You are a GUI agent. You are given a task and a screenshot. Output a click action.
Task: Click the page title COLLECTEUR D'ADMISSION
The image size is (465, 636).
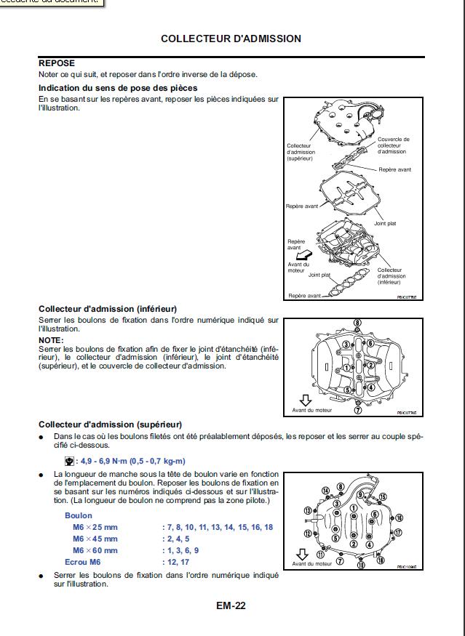pos(231,39)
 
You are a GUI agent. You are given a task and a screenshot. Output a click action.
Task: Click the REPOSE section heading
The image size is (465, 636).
pos(57,63)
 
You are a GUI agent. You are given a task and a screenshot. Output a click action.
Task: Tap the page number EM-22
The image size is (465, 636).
pos(231,605)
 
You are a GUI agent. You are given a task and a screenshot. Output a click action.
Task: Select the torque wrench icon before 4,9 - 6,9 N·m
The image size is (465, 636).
pos(69,461)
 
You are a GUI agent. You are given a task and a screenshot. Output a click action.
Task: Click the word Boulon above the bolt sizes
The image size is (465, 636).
pos(79,515)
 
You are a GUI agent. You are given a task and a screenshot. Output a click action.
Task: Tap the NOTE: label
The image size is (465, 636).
pos(51,339)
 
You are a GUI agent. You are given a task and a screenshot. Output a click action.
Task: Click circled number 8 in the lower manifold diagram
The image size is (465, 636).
pos(357,323)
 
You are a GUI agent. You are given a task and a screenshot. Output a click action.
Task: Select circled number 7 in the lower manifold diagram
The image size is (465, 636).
pos(357,410)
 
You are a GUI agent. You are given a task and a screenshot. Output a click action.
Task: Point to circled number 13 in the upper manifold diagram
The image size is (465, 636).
pos(307,510)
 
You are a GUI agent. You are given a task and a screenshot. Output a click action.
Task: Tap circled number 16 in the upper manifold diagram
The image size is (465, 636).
pos(399,518)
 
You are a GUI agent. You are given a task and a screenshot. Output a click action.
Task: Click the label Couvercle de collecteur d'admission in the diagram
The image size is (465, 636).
pos(394,145)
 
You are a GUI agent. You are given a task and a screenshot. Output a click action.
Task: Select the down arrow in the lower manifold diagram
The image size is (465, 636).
pos(306,400)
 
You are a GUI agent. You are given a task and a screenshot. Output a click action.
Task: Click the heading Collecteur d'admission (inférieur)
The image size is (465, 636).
pos(107,309)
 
